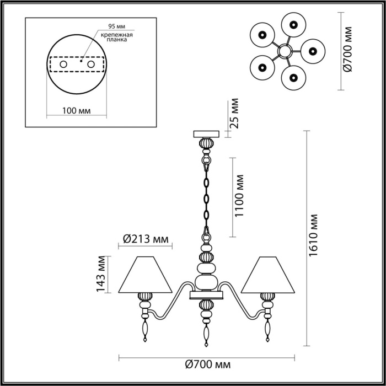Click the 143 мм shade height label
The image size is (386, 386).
point(100,274)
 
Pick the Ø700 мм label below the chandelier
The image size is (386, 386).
point(208,364)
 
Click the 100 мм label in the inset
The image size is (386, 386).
point(77,111)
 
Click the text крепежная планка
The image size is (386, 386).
point(115,37)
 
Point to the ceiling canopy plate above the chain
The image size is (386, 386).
point(207,134)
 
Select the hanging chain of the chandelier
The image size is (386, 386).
point(207,193)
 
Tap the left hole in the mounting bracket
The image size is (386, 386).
point(63,65)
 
